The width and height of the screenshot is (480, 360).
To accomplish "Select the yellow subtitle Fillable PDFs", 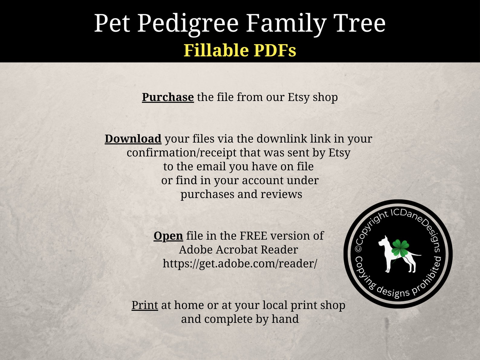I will (240, 50).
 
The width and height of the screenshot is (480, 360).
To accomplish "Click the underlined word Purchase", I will (168, 97).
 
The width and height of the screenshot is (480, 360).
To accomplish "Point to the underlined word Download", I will (133, 139).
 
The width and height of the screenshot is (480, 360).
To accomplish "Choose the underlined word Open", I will (168, 236).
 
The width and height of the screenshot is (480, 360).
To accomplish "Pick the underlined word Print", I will (144, 305).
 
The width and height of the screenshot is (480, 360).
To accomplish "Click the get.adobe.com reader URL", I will (240, 264).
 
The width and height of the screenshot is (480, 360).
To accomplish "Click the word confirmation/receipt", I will (181, 153).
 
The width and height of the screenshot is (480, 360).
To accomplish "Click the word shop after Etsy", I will (325, 97).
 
